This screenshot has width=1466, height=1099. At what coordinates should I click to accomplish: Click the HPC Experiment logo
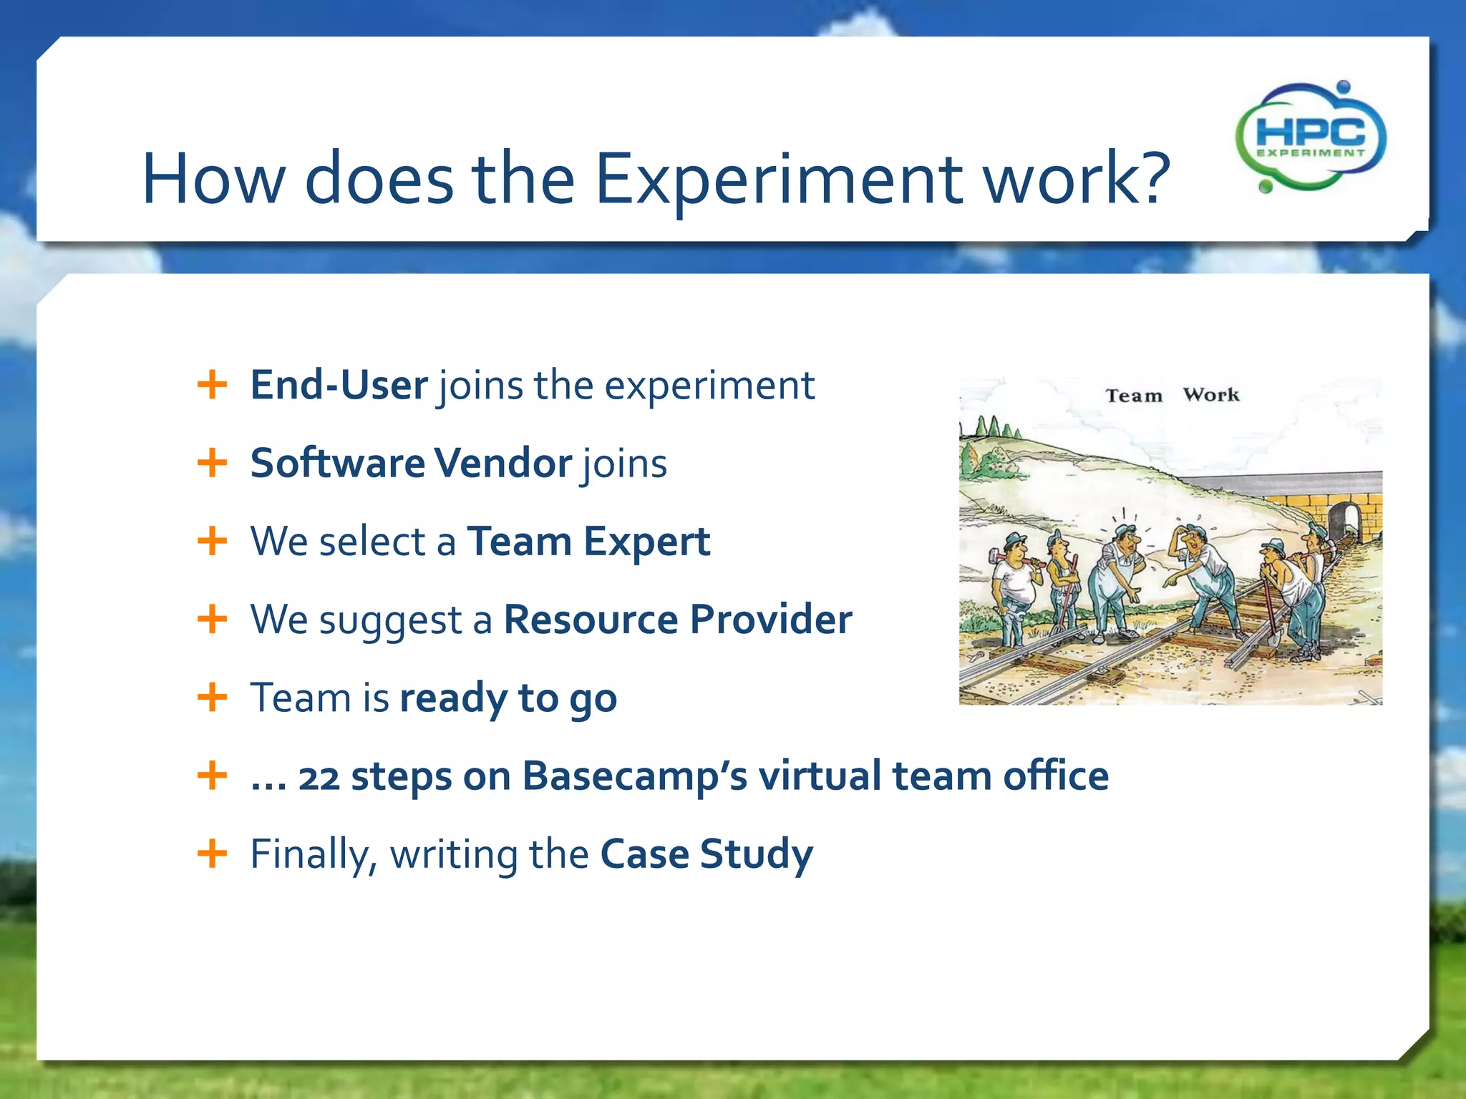click(x=1310, y=137)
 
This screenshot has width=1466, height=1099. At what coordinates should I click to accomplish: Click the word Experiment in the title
click(x=779, y=179)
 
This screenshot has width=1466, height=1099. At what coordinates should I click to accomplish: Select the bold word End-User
click(x=339, y=385)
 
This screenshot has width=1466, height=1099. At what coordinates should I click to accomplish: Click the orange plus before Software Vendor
click(x=212, y=463)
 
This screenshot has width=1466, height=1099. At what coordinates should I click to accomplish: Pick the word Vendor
click(x=503, y=463)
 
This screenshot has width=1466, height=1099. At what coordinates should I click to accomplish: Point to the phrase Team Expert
click(x=588, y=541)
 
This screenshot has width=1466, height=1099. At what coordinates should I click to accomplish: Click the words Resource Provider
click(x=677, y=619)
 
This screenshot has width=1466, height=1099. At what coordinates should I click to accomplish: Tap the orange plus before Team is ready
click(x=212, y=697)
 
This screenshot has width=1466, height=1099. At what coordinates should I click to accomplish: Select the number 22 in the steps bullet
click(x=319, y=777)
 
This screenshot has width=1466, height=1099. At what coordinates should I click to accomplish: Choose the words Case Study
click(x=706, y=854)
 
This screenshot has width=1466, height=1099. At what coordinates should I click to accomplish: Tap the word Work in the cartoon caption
click(x=1210, y=395)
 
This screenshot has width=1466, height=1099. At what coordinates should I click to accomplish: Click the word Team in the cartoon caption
click(x=1134, y=396)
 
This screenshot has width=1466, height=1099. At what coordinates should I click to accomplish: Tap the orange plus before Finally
click(x=212, y=853)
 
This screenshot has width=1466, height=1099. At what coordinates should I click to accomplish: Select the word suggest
click(x=391, y=620)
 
